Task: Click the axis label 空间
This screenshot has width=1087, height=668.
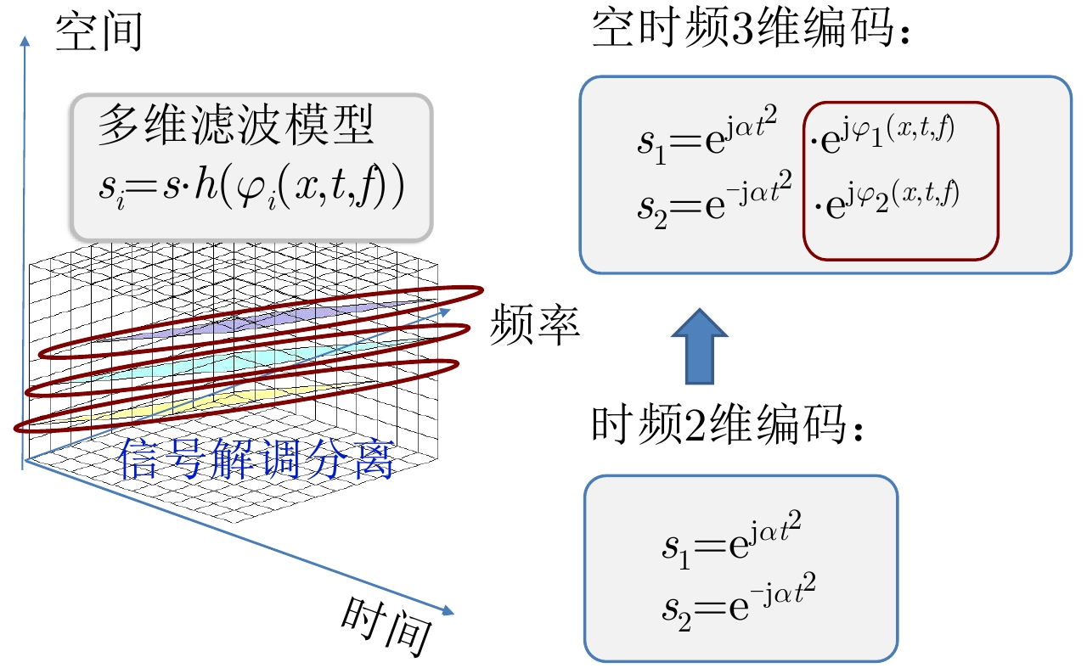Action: (x=98, y=32)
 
